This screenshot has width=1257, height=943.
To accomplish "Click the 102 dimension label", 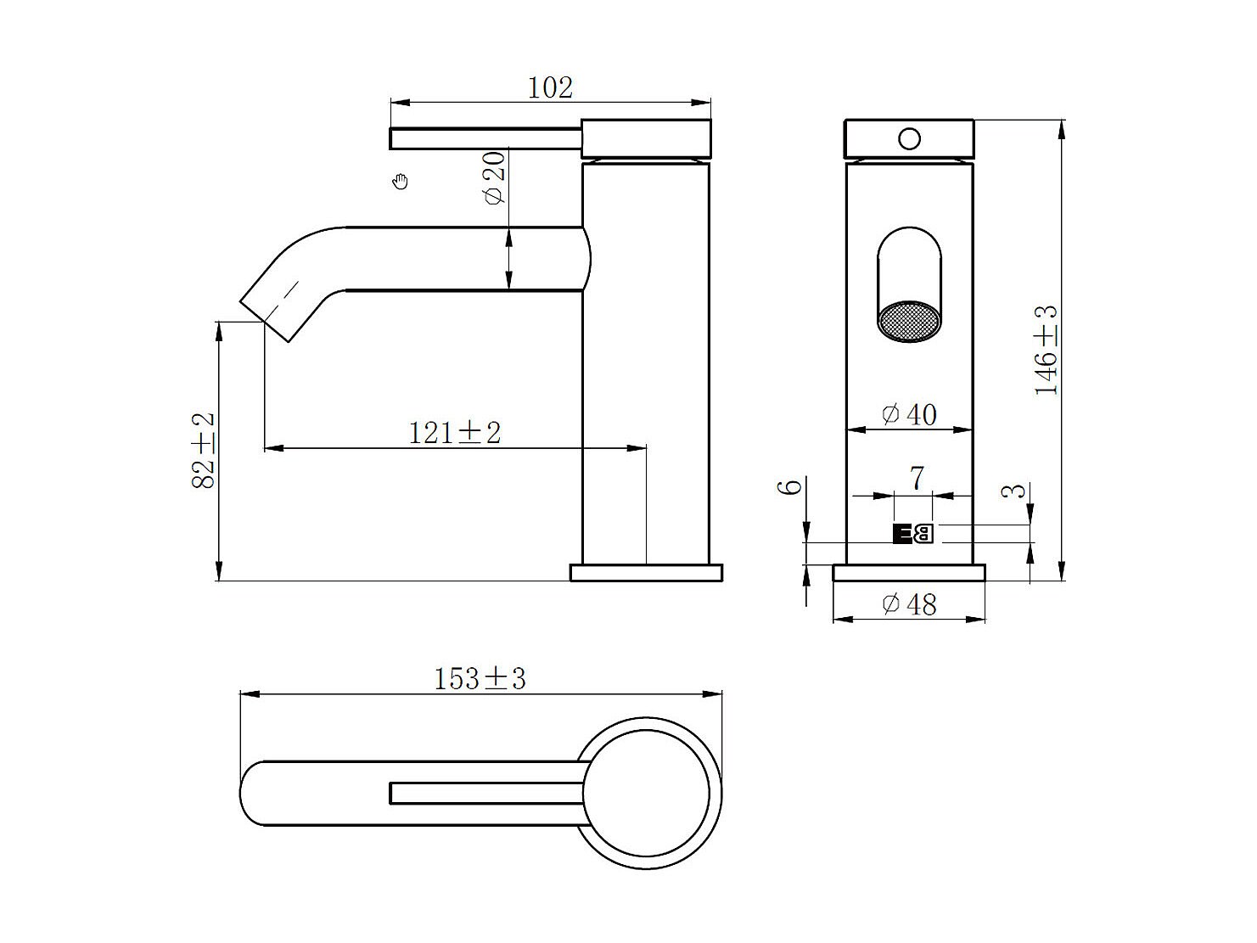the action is pos(550,87).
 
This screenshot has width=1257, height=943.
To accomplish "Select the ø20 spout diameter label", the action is pos(495,177).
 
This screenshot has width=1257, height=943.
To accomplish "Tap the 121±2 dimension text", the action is pos(455,433).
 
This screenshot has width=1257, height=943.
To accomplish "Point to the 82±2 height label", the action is pos(203,451).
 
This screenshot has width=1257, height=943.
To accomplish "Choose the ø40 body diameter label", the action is pos(909,414).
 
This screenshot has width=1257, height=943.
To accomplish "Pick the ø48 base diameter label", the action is pos(909,604).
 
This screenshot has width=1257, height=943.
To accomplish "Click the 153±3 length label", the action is pos(480,679).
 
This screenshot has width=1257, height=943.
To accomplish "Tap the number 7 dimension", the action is pos(917,479).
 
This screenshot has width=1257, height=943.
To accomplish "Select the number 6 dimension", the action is pos(789,487).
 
